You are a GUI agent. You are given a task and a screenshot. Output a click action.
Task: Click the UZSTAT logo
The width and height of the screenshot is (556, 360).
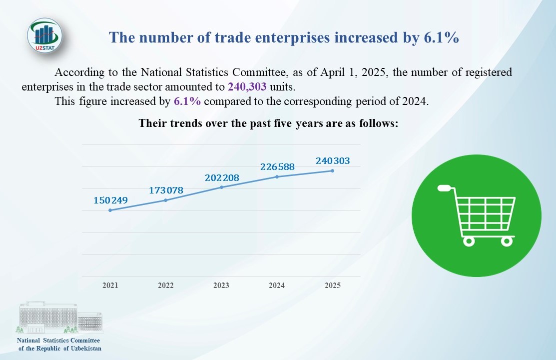pos(44,35)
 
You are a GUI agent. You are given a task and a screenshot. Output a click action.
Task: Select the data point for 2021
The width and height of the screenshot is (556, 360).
pos(110,210)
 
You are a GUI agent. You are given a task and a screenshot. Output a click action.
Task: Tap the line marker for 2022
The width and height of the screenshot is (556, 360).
pos(165,200)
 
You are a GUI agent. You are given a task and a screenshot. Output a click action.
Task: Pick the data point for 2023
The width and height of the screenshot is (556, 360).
pos(221,187)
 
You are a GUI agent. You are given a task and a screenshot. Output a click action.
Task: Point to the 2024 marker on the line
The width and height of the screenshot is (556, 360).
pos(277,176)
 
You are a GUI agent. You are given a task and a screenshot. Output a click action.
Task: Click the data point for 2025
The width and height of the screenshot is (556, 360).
pos(332,170)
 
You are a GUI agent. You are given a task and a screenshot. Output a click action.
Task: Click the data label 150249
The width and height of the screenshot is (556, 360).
pos(111,200)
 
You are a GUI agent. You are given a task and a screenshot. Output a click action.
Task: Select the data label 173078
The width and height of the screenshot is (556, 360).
pos(166,190)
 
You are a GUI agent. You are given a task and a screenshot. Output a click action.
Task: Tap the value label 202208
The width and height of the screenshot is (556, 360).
pos(222,177)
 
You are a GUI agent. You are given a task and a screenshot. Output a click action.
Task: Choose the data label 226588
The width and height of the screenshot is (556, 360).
pos(277,166)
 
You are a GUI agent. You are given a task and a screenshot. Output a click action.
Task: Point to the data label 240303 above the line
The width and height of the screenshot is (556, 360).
pos(333,161)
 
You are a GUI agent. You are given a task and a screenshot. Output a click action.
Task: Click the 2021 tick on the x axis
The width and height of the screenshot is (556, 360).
pos(110,285)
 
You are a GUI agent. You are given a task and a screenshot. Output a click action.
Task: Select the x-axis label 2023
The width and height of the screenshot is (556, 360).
pos(221,285)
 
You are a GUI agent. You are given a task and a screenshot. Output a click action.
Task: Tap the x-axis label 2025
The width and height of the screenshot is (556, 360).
pos(332,285)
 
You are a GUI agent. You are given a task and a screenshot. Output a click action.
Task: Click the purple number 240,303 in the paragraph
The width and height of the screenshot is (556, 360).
pos(247,86)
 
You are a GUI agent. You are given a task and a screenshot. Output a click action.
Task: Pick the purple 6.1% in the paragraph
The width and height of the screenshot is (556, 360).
pos(187,101)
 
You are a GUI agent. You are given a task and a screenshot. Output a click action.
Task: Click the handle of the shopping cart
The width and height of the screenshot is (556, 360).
pos(446,188)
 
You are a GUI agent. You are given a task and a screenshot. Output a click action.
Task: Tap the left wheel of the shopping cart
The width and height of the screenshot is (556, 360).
pos(469,241)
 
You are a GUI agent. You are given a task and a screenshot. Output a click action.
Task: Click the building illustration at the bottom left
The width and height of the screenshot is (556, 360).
pos(60,318)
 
